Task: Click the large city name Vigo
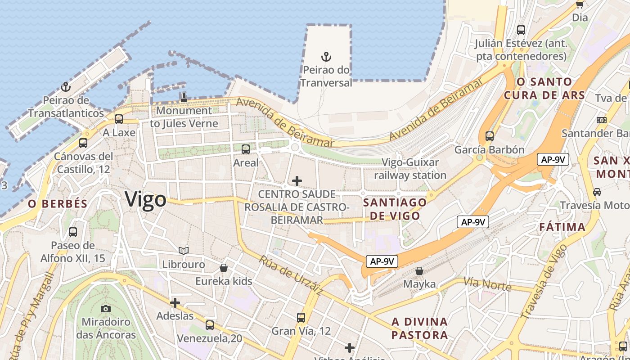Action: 145,199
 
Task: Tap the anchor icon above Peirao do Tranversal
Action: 326,57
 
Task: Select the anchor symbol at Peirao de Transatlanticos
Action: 66,86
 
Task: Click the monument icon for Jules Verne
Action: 184,97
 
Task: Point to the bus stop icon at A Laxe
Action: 119,119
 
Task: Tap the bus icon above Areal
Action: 246,149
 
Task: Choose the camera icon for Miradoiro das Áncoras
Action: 106,309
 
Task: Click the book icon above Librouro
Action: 184,251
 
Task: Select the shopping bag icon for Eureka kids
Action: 224,268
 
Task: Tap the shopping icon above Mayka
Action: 419,271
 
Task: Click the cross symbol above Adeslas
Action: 175,303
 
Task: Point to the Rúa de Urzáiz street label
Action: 291,275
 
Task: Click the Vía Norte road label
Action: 487,284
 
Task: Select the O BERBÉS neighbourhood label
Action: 58,204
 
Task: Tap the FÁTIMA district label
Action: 562,227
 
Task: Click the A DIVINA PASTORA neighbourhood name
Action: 419,328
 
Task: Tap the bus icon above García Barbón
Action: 489,136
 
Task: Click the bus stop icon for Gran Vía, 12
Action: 301,318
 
